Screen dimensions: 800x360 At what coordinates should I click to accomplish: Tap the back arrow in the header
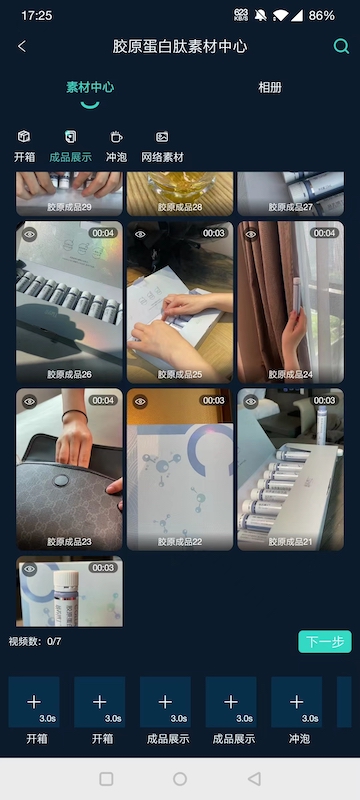coord(22,47)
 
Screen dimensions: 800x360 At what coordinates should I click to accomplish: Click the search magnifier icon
coord(341,47)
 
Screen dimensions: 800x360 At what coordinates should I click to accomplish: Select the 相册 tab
coord(270,88)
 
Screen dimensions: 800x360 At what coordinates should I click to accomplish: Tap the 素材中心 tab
coord(90,88)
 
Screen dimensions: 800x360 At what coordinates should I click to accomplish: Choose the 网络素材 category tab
coord(162,147)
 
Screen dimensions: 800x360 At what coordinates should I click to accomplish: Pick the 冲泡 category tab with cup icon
coord(116,147)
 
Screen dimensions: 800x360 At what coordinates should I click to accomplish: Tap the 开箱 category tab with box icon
coord(24,147)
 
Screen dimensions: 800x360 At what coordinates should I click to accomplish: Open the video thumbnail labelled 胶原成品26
coord(69,300)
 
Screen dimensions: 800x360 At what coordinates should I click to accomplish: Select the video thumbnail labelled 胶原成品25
coord(180,300)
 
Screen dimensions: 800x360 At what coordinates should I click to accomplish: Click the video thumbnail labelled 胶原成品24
coord(290,300)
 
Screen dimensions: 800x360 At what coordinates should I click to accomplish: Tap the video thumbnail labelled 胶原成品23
coord(69,467)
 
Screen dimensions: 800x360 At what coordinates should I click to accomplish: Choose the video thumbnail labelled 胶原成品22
coord(180,467)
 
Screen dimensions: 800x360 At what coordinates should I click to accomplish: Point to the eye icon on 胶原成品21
coord(251,401)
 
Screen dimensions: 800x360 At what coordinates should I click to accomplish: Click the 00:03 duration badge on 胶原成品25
coord(213,233)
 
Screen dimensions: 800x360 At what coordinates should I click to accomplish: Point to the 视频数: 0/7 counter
coord(35,641)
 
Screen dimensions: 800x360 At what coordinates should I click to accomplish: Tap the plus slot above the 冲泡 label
coord(296,702)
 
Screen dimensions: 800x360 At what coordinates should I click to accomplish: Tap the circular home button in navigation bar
coord(180,779)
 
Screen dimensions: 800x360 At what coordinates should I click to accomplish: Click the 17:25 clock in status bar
coord(36,16)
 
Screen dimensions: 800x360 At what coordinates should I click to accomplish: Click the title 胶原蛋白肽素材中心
coord(180,47)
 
